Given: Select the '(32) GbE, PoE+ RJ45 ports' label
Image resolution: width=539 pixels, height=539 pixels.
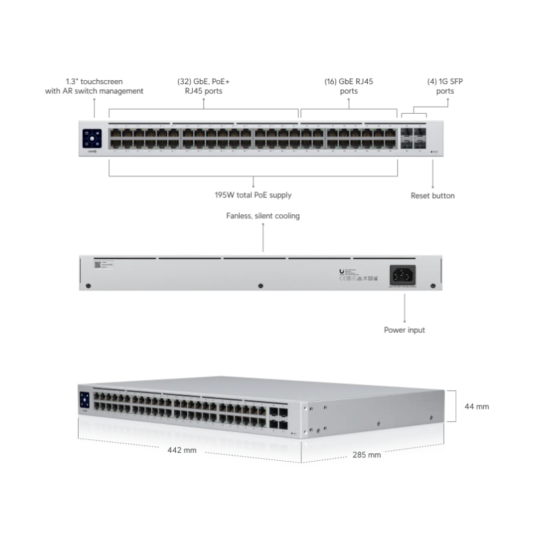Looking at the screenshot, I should [x=203, y=86].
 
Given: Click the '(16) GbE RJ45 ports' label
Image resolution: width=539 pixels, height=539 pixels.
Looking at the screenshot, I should [x=348, y=86].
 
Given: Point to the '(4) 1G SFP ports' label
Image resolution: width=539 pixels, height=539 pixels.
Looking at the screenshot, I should [x=445, y=86].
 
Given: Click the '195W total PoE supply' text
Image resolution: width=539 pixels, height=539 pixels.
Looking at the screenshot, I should [x=253, y=195].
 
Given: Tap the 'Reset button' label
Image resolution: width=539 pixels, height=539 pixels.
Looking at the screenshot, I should [x=433, y=195].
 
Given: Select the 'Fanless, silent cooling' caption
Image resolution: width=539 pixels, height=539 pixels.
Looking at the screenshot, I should [x=263, y=216].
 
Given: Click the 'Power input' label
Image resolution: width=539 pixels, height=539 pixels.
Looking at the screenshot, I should [x=404, y=330].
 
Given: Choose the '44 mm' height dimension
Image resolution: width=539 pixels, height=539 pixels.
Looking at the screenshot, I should [x=477, y=406].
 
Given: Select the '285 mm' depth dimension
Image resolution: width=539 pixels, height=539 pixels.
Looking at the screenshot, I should [x=367, y=454].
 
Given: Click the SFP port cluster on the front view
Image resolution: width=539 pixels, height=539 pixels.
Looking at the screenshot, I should [x=414, y=138].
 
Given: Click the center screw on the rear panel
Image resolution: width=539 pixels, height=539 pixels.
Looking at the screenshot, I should [x=261, y=286].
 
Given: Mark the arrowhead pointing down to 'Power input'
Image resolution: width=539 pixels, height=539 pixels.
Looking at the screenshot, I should [x=404, y=318].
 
